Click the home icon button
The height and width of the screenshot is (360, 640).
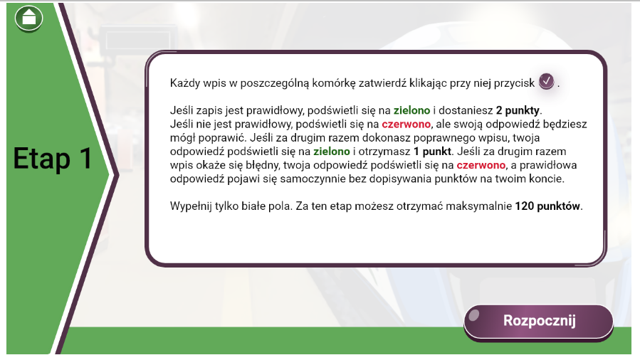[x=29, y=18]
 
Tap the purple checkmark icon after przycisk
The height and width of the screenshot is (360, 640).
[x=546, y=82]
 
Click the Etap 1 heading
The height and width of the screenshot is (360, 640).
[x=53, y=158]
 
